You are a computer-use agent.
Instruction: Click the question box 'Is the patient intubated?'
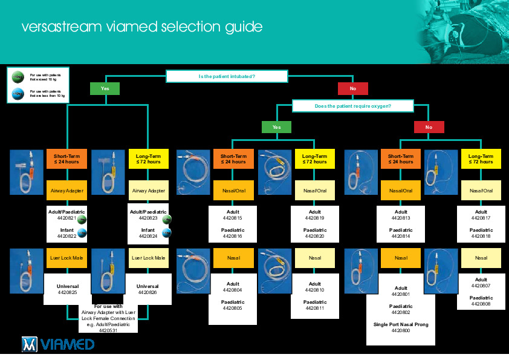coord(227,76)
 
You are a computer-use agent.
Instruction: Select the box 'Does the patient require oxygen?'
coord(353,106)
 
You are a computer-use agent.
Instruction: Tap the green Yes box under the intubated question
coord(105,89)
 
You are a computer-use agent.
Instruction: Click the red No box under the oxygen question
coord(429,127)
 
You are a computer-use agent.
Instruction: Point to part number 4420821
coord(60,218)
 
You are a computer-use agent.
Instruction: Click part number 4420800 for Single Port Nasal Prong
coord(401,331)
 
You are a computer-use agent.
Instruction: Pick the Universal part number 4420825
coord(68,292)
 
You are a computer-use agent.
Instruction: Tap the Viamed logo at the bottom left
coord(58,344)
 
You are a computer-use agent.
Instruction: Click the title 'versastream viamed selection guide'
coord(142,27)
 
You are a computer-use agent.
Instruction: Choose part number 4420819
coord(315,218)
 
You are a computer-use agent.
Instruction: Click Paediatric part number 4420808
coord(481,304)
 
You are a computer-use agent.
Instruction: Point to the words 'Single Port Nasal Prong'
coord(401,325)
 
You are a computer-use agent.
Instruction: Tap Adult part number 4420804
coord(233,290)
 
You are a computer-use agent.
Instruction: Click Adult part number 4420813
coord(401,218)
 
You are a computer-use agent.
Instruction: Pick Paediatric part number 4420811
coord(315,308)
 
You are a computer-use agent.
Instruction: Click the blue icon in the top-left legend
coord(18,93)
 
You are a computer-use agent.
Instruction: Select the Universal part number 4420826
coord(148,292)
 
